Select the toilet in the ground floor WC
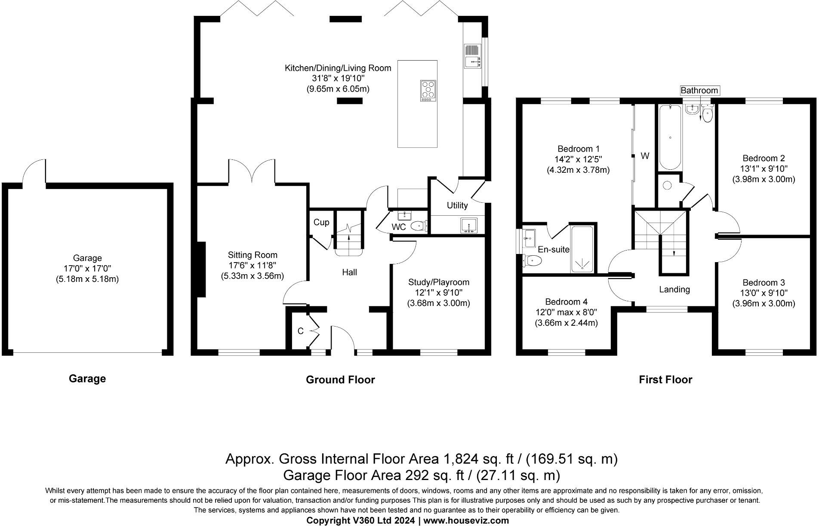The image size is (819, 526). pyautogui.click(x=419, y=225)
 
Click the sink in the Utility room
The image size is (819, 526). pyautogui.click(x=468, y=225)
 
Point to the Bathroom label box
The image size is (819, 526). pyautogui.click(x=699, y=90)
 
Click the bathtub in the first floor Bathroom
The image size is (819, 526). pyautogui.click(x=670, y=138)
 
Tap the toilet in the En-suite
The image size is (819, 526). pyautogui.click(x=532, y=260)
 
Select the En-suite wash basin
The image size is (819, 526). pyautogui.click(x=528, y=238)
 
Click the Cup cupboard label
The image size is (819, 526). pyautogui.click(x=321, y=222)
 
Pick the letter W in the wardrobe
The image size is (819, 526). pyautogui.click(x=645, y=156)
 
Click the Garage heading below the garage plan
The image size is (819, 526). pyautogui.click(x=87, y=379)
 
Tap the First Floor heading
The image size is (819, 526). pyautogui.click(x=665, y=379)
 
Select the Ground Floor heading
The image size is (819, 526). pyautogui.click(x=340, y=379)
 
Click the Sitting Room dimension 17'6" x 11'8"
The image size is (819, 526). pyautogui.click(x=252, y=266)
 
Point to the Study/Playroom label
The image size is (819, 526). pyautogui.click(x=439, y=282)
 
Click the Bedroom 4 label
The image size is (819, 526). pyautogui.click(x=566, y=302)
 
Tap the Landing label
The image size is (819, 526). pyautogui.click(x=674, y=290)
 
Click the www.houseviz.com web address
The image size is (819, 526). pyautogui.click(x=466, y=521)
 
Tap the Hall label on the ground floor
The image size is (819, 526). pyautogui.click(x=349, y=272)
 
